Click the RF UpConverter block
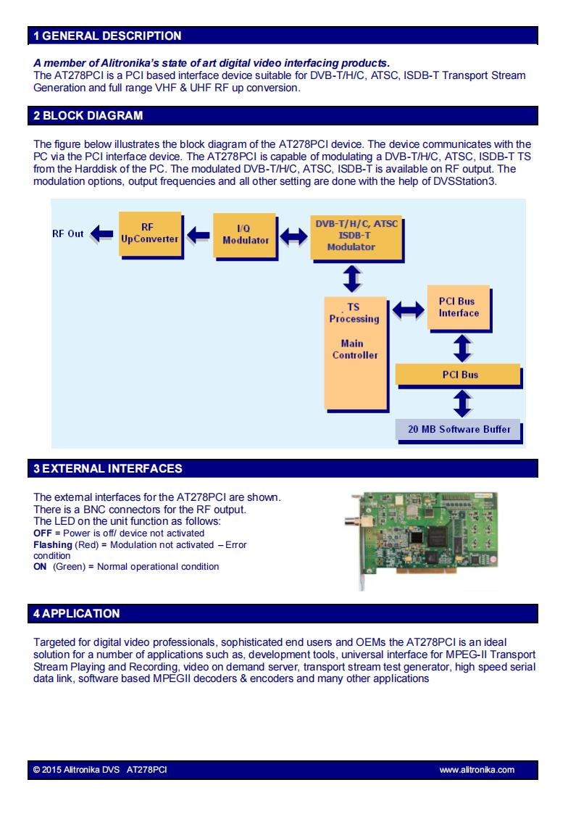pyautogui.click(x=151, y=235)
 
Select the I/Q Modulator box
pyautogui.click(x=246, y=236)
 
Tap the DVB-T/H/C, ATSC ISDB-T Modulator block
pyautogui.click(x=357, y=238)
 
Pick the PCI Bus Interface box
pyautogui.click(x=459, y=308)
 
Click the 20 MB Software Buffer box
pyautogui.click(x=459, y=431)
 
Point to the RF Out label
pyautogui.click(x=67, y=233)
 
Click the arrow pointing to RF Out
pyautogui.click(x=101, y=234)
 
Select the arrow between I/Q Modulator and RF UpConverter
pyautogui.click(x=199, y=235)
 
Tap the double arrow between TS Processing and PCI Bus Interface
pyautogui.click(x=408, y=310)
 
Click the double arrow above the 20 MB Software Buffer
pyautogui.click(x=462, y=403)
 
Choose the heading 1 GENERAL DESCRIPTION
pyautogui.click(x=107, y=36)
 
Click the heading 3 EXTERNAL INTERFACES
pyautogui.click(x=108, y=468)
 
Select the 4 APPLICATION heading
pyautogui.click(x=76, y=613)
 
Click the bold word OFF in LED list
pyautogui.click(x=43, y=533)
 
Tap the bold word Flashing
pyautogui.click(x=53, y=545)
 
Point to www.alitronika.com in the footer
pyautogui.click(x=477, y=769)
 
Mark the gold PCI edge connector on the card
pyautogui.click(x=427, y=570)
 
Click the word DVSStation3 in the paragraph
pyautogui.click(x=465, y=181)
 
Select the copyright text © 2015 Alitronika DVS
pyautogui.click(x=76, y=769)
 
